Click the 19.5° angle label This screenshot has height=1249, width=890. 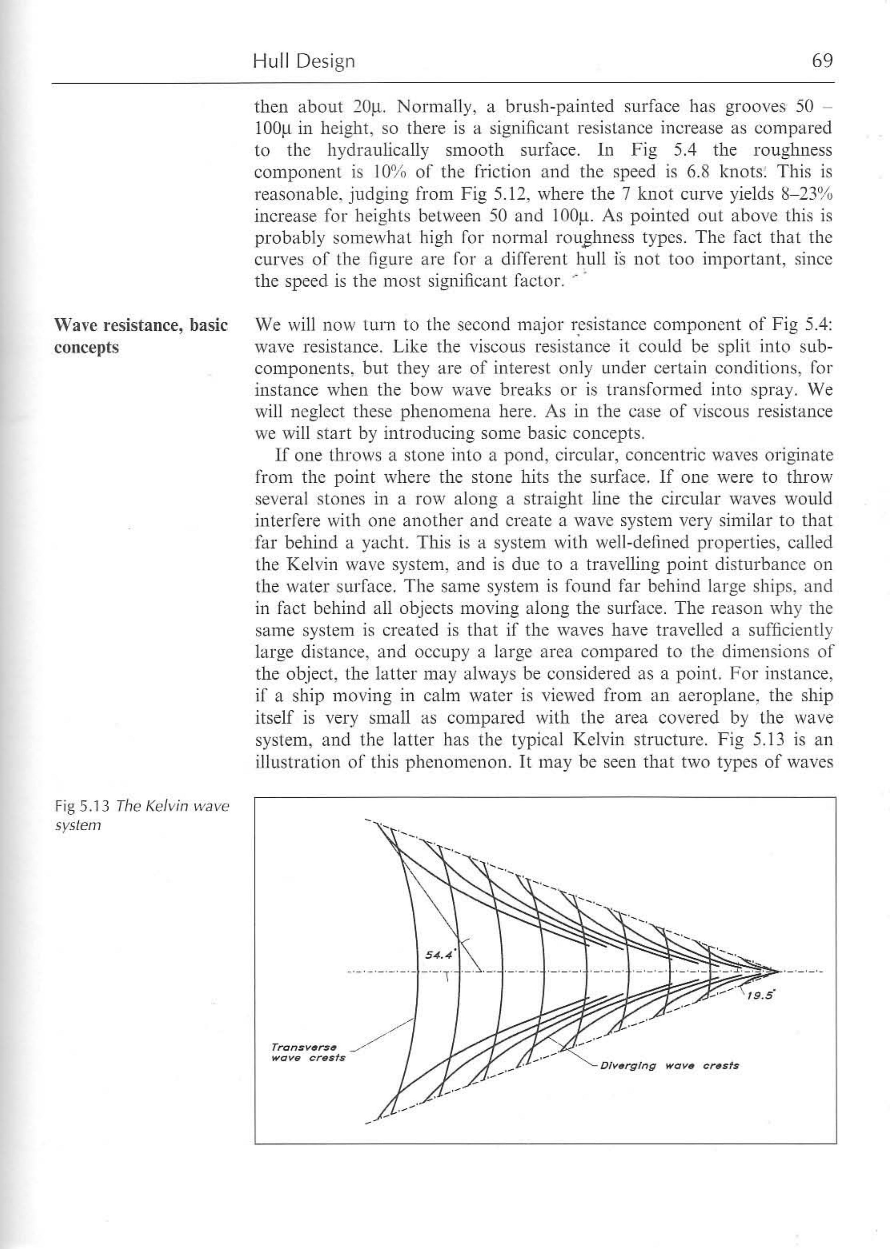click(x=760, y=996)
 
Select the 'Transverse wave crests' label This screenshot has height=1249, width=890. click(x=309, y=1052)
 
